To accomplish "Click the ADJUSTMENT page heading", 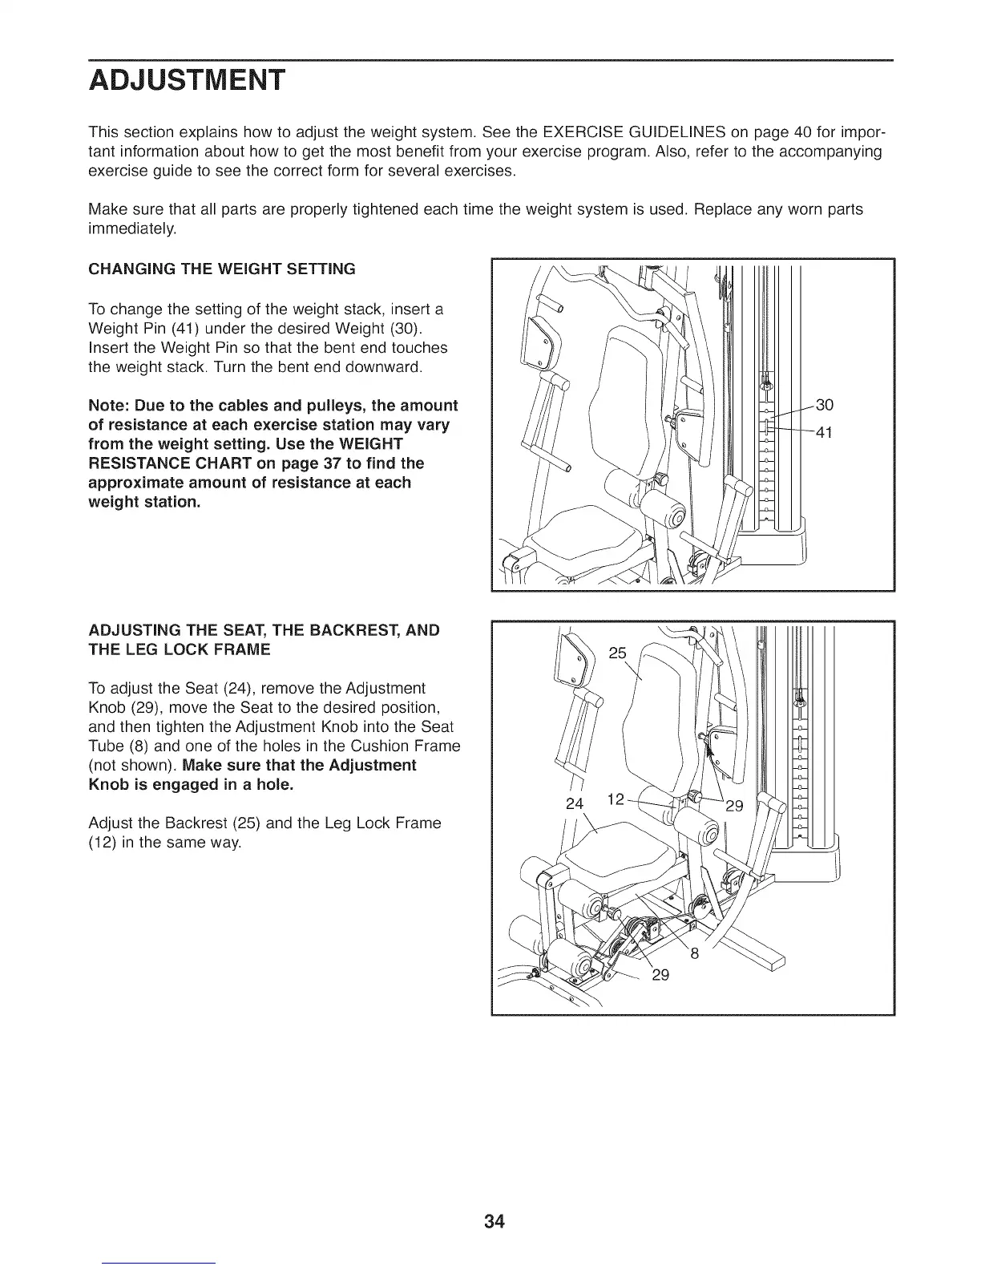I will (186, 81).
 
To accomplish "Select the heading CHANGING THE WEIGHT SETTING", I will (221, 269).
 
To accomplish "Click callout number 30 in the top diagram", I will (825, 405).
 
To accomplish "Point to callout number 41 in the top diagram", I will (825, 433).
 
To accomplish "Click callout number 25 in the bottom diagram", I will (618, 653).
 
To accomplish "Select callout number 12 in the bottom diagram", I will (616, 799).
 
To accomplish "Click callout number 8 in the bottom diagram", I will (694, 954).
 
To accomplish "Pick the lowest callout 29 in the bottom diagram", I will (660, 975).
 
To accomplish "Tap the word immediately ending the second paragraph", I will (131, 229).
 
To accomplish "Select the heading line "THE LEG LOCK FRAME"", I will (179, 649).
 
